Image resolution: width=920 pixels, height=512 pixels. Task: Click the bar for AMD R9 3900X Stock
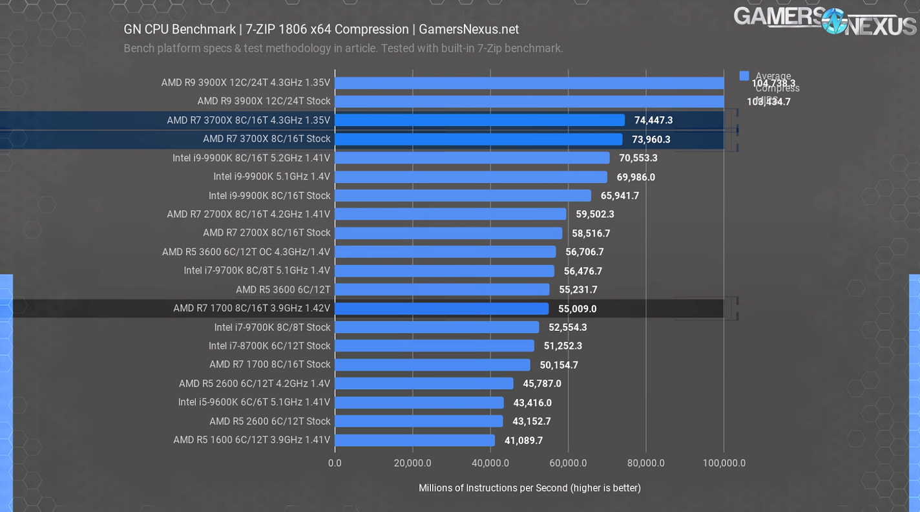tap(529, 101)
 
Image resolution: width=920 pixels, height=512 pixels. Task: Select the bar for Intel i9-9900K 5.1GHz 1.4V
tap(471, 177)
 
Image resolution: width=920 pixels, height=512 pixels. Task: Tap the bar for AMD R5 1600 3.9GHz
tap(415, 440)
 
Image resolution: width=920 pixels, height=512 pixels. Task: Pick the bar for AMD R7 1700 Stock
tap(432, 365)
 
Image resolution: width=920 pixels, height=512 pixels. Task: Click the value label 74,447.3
tap(653, 120)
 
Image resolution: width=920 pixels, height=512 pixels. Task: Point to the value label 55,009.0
tap(578, 309)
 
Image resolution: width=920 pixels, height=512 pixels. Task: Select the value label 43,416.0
tap(532, 403)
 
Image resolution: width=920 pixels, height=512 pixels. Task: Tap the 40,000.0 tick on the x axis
tap(490, 463)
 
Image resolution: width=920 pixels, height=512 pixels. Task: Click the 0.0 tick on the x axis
tap(335, 463)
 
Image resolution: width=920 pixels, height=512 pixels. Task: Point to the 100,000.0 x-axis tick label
tap(724, 463)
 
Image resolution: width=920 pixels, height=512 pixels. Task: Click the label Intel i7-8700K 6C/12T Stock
tap(269, 346)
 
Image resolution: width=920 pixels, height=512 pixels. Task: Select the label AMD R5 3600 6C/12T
tap(283, 290)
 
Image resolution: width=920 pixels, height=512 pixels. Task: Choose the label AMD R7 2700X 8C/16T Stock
tap(267, 233)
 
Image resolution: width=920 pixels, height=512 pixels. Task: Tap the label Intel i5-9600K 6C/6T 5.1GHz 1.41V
tap(254, 402)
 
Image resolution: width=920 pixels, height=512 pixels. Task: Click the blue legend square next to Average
tap(744, 76)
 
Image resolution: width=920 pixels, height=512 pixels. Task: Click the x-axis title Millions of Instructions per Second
tap(530, 488)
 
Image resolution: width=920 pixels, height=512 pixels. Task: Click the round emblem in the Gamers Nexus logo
tap(834, 21)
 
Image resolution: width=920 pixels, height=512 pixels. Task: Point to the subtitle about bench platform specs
tap(343, 48)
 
